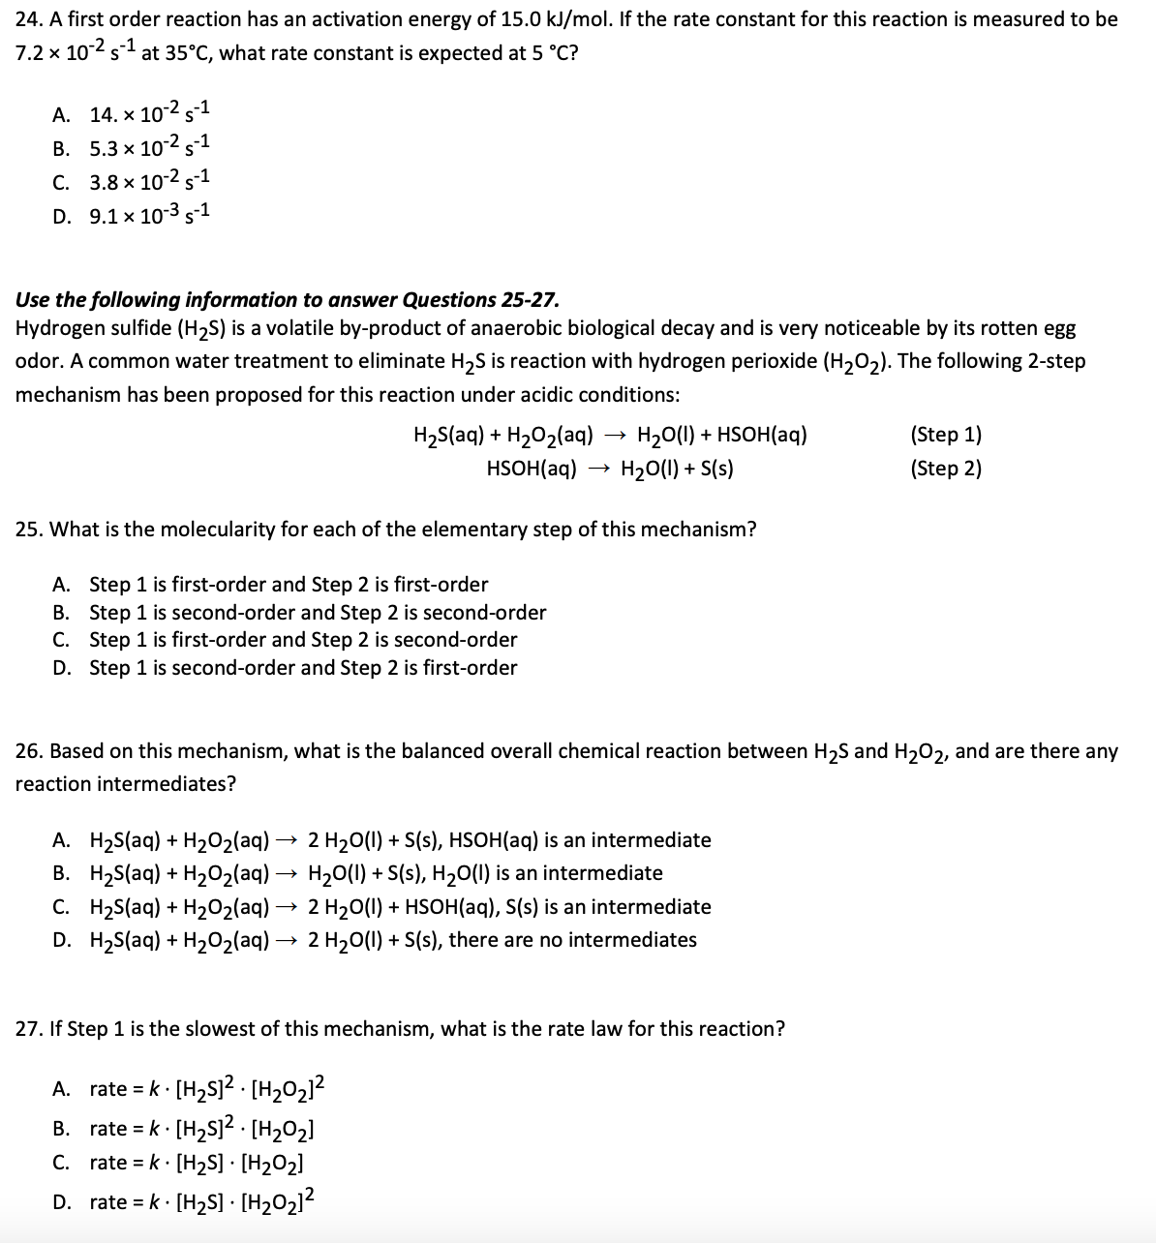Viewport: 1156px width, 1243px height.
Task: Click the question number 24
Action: pyautogui.click(x=27, y=19)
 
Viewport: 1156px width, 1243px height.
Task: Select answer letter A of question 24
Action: pyautogui.click(x=61, y=115)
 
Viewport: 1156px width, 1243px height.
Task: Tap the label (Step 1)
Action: pyautogui.click(x=946, y=435)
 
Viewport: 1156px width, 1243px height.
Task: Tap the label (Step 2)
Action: pyautogui.click(x=946, y=469)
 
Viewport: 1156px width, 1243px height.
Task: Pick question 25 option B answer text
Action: pyautogui.click(x=318, y=613)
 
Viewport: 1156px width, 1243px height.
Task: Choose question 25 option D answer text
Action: pyautogui.click(x=303, y=668)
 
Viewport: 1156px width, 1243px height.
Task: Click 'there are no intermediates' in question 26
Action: pyautogui.click(x=572, y=940)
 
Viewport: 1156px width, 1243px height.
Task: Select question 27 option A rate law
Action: pyautogui.click(x=206, y=1089)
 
